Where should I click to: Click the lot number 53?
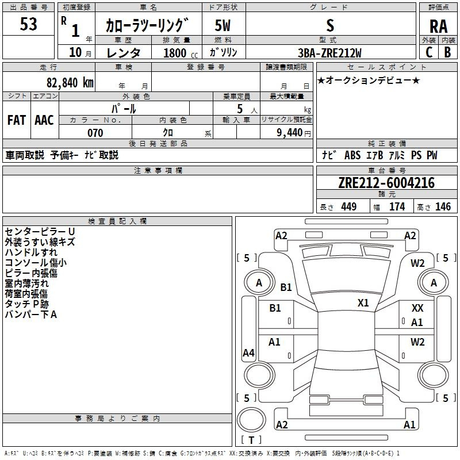pos(28,25)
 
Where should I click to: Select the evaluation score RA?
pos(438,26)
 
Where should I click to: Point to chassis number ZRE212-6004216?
pos(386,183)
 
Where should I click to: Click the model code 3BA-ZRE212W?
pos(329,53)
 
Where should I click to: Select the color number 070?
pos(94,133)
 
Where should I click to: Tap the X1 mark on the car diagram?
pos(363,303)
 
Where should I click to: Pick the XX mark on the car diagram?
pos(417,309)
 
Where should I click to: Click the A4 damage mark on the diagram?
pos(248,353)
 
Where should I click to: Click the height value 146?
pos(443,207)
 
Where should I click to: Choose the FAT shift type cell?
pos(16,120)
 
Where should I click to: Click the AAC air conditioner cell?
pos(44,120)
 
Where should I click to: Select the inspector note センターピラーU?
pos(40,232)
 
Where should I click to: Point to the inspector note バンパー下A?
pos(30,315)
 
